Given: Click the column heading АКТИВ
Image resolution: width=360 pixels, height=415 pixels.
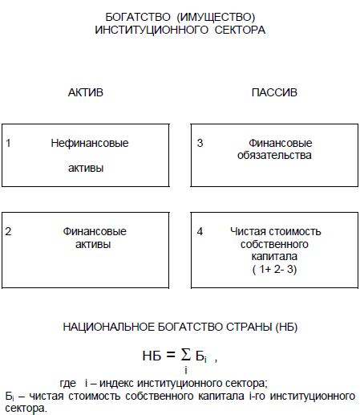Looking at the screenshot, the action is [x=85, y=93].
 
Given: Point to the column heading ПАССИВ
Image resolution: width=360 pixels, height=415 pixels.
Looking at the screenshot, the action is [x=274, y=93].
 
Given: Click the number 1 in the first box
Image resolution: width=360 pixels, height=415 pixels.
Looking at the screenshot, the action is [x=8, y=144].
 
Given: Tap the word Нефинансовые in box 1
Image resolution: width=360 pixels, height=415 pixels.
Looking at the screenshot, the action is [x=89, y=144].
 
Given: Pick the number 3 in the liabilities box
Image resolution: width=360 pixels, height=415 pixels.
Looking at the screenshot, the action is [x=200, y=144].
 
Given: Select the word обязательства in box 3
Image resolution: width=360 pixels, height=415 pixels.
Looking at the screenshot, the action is [x=274, y=155].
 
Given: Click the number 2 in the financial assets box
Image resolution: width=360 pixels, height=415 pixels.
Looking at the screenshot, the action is [x=8, y=231].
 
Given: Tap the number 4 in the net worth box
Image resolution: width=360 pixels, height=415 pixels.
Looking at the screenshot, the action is [x=200, y=231].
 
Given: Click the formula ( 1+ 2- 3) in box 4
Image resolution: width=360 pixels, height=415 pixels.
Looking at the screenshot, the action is [x=274, y=270].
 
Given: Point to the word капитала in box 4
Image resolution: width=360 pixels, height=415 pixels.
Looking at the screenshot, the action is [x=274, y=256].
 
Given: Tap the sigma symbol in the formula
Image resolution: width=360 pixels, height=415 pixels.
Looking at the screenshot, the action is [x=186, y=354].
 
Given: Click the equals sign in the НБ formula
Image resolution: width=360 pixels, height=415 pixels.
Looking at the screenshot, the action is [x=170, y=356].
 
